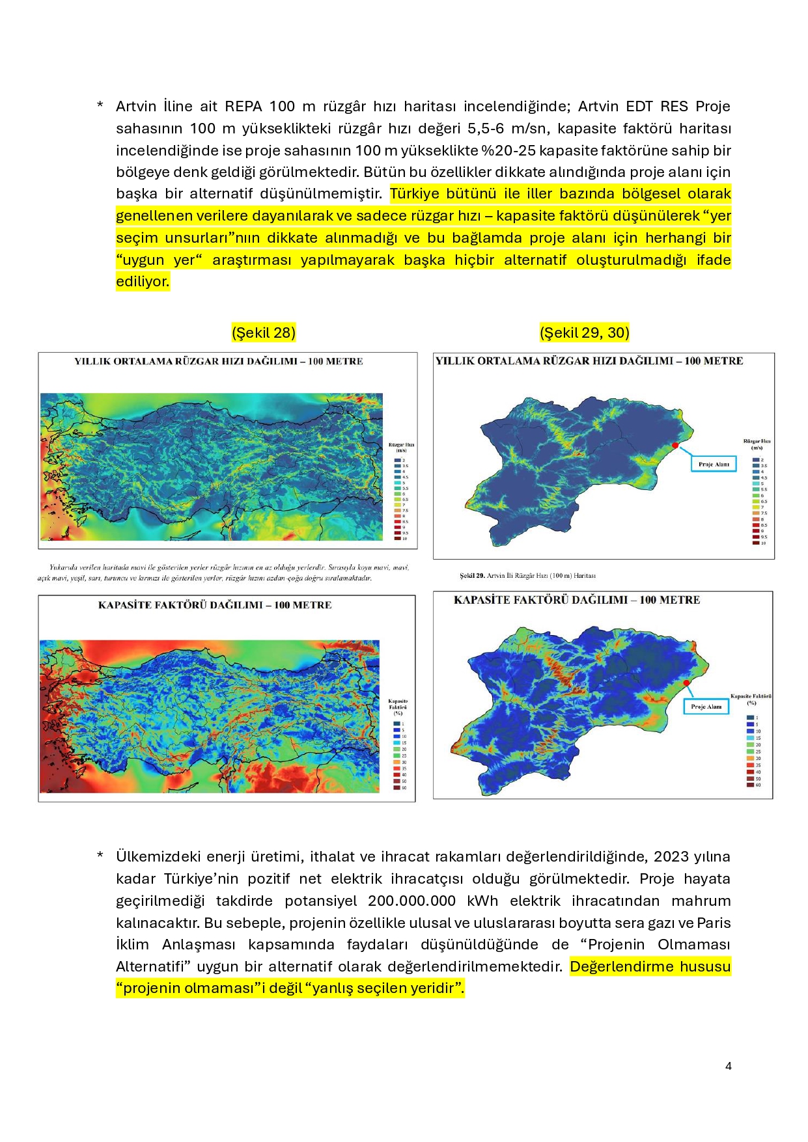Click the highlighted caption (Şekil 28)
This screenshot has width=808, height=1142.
click(264, 333)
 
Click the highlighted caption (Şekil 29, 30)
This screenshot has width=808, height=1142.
click(584, 333)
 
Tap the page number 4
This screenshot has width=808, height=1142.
click(728, 1066)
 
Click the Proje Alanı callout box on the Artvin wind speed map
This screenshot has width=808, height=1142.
click(714, 464)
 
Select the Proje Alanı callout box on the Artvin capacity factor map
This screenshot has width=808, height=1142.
click(706, 706)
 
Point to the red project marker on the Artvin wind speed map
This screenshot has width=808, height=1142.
click(675, 445)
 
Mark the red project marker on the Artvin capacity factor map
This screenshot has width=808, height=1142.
click(686, 682)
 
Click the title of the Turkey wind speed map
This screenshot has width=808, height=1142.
click(218, 361)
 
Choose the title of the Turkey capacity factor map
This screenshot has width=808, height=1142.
click(215, 605)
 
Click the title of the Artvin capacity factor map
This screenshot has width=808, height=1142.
click(577, 600)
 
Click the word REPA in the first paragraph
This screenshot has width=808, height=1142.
click(244, 106)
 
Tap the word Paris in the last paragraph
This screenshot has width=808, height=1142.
click(714, 923)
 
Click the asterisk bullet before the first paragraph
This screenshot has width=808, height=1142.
click(100, 105)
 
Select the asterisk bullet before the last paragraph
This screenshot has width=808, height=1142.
click(100, 856)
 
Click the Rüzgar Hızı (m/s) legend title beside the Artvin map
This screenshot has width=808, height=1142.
click(757, 444)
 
